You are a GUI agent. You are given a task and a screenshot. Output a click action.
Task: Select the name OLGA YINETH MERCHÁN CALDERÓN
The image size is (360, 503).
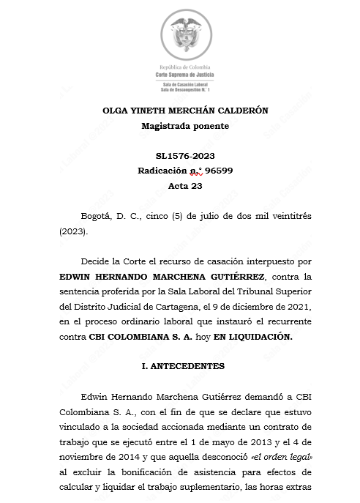pos(185,111)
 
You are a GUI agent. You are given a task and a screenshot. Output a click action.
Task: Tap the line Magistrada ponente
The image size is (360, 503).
pos(185,126)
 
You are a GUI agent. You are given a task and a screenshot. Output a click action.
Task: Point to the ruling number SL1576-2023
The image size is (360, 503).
pos(185,156)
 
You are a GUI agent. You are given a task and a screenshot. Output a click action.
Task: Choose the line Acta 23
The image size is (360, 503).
pos(185,186)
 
